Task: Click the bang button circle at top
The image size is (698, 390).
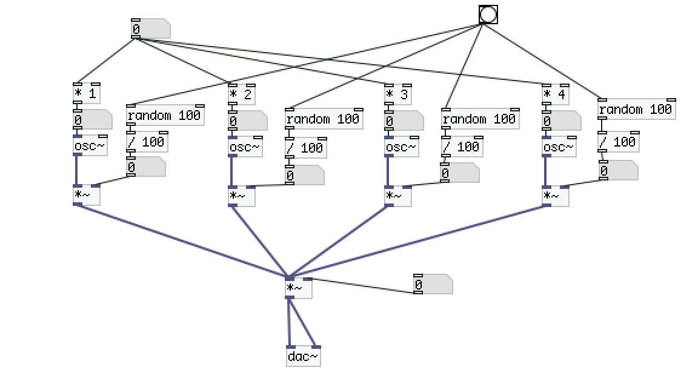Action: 488,15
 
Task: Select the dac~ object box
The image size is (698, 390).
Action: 303,357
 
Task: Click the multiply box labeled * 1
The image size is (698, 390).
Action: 86,94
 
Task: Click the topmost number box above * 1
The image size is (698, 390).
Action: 150,28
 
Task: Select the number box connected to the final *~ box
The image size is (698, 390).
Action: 433,284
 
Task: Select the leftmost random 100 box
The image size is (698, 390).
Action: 165,115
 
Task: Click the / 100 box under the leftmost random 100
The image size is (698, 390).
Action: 147,142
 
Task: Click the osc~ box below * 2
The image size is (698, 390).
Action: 245,146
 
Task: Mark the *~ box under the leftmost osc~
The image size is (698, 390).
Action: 86,196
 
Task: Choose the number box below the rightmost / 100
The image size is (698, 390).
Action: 617,171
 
